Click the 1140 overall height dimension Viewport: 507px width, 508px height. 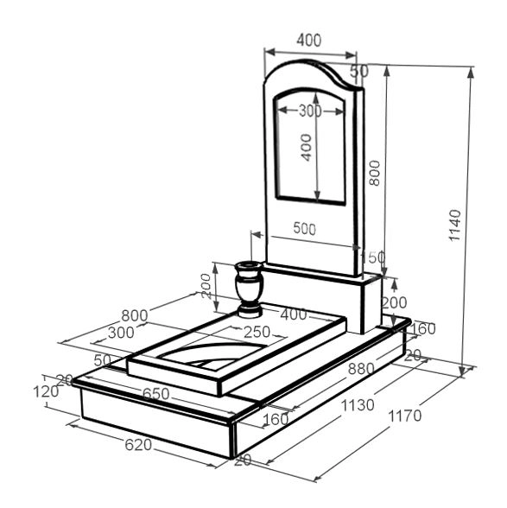pyautogui.click(x=455, y=225)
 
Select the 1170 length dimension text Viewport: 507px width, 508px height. pyautogui.click(x=404, y=416)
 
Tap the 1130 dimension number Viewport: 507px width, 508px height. pyautogui.click(x=358, y=405)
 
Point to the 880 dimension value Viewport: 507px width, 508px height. pyautogui.click(x=361, y=369)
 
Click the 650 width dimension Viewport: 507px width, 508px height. pyautogui.click(x=155, y=394)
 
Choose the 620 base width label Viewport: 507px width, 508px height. pyautogui.click(x=138, y=445)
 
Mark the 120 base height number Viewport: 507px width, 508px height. pyautogui.click(x=46, y=391)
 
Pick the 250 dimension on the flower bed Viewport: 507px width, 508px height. pyautogui.click(x=257, y=332)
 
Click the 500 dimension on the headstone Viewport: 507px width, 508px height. pyautogui.click(x=305, y=229)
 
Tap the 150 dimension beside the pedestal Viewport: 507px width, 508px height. pyautogui.click(x=373, y=257)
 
